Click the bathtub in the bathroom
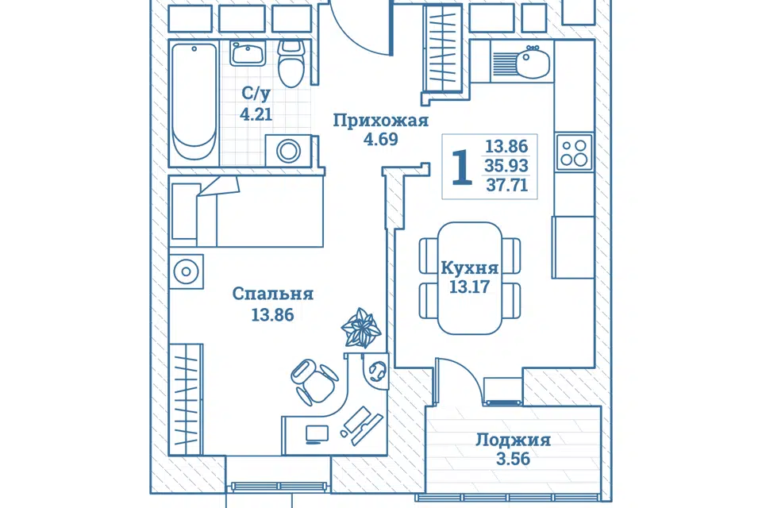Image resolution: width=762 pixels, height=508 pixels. [194, 102]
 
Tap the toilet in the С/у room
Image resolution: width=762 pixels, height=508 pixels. [291, 63]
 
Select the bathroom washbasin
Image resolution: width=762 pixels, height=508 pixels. [248, 53]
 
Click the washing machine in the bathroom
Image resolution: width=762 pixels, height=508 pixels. [289, 151]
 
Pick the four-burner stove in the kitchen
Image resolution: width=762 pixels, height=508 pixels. [574, 152]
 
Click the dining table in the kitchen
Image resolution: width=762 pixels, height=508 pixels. [470, 278]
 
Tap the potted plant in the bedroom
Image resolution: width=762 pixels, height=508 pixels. [361, 328]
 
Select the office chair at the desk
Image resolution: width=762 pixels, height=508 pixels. [314, 382]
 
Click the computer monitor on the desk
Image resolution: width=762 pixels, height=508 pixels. [317, 434]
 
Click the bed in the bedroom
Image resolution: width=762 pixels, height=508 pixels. [246, 211]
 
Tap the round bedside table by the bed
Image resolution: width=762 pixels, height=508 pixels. [186, 271]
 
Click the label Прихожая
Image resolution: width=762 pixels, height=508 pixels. [380, 121]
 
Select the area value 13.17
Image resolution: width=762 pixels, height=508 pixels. [469, 287]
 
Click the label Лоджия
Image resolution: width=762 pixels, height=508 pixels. [514, 440]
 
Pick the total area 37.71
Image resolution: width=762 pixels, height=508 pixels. [507, 185]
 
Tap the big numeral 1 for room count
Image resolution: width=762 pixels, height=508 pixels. [462, 167]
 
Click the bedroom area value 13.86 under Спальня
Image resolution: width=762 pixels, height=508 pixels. [272, 315]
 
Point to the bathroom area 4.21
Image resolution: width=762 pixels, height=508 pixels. [256, 114]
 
